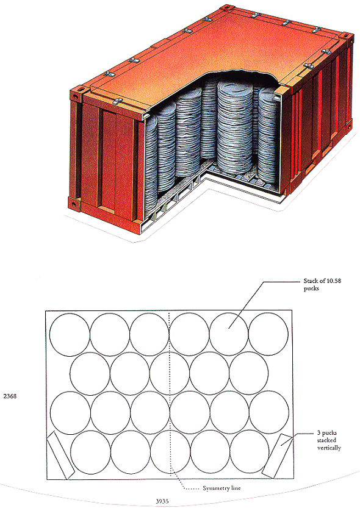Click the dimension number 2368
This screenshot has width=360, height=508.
[10, 396]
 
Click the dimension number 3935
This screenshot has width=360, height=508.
[162, 501]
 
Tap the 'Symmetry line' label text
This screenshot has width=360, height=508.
[221, 488]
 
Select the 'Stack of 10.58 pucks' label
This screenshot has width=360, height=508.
[322, 284]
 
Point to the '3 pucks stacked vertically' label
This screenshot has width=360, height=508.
[328, 440]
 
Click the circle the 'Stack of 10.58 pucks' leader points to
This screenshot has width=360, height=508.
[229, 334]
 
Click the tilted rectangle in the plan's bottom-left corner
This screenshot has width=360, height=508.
[61, 455]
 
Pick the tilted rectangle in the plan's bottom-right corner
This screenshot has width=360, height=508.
[278, 456]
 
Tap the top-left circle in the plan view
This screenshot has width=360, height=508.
[70, 335]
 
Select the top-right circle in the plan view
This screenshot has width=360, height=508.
[268, 334]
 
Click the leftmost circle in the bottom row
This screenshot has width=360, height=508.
[90, 453]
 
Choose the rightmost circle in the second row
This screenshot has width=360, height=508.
[248, 373]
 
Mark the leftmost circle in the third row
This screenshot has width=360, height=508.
[70, 413]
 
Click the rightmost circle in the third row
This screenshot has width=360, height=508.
[269, 412]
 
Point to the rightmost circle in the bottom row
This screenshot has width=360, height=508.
[250, 451]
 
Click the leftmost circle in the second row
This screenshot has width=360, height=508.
[90, 374]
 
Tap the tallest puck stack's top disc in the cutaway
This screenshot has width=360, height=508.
[235, 87]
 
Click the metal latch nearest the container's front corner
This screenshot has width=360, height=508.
[117, 101]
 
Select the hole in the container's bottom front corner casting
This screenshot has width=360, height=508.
[74, 204]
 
